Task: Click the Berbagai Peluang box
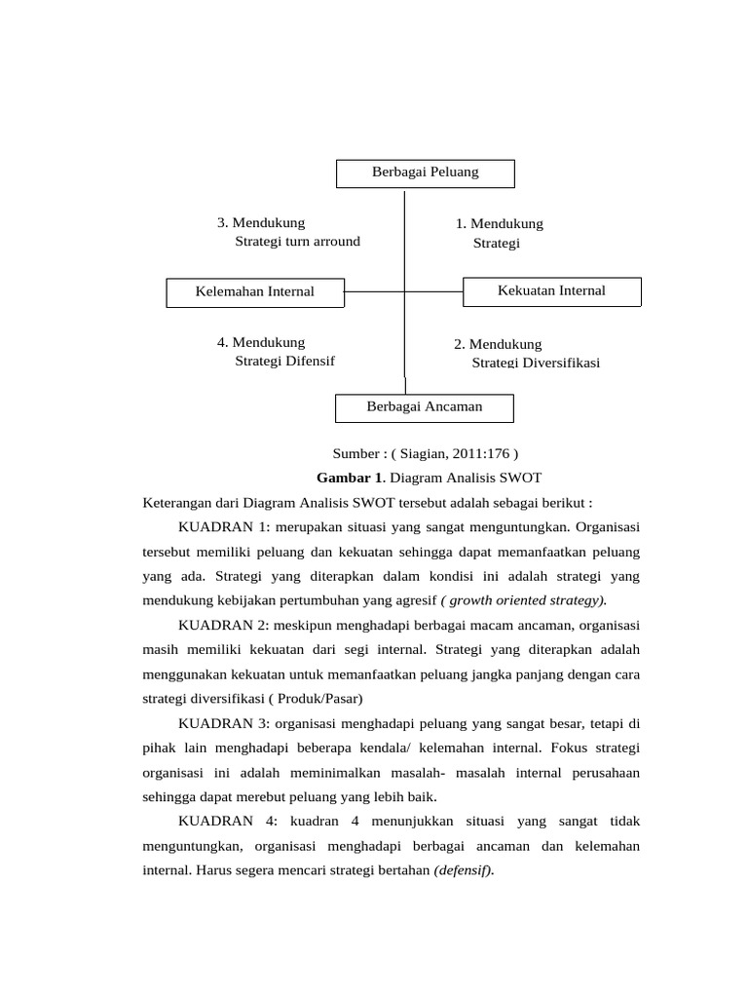tap(426, 173)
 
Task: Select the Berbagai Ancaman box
tap(424, 407)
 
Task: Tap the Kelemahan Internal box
tap(254, 291)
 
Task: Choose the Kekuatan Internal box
tap(551, 290)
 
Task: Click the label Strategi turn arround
tap(297, 242)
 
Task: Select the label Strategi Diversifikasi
tap(536, 363)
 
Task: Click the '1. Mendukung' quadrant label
tap(499, 224)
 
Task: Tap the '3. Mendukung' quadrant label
tap(261, 223)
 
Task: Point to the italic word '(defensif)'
tap(464, 870)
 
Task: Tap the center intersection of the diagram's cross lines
tap(404, 291)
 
